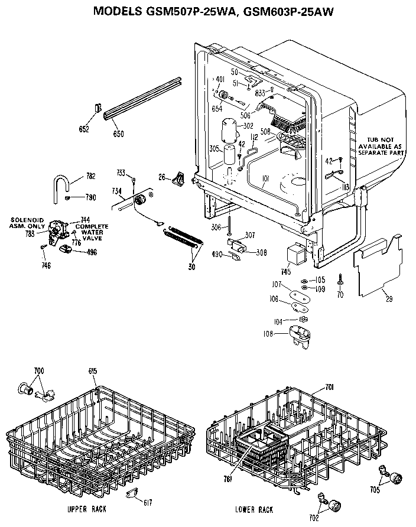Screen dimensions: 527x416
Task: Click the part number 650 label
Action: (118, 134)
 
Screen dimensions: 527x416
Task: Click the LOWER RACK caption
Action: (253, 509)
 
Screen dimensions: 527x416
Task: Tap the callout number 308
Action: (261, 252)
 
